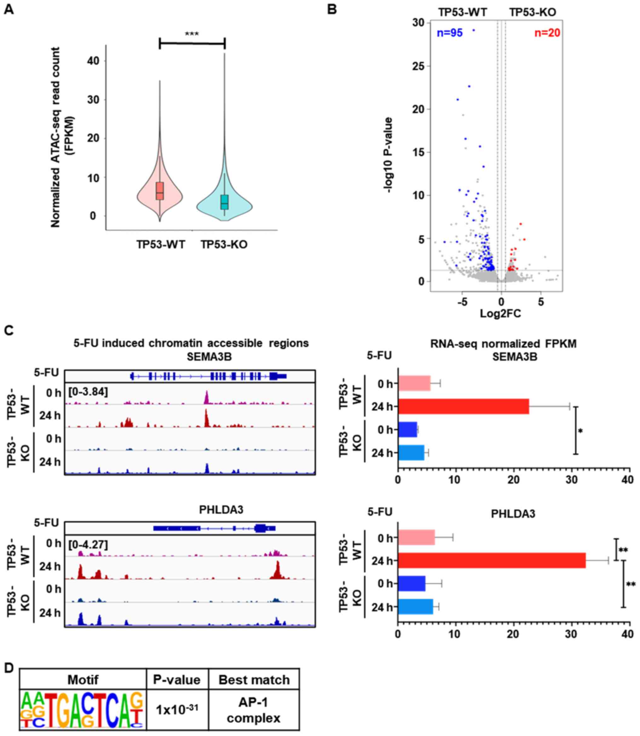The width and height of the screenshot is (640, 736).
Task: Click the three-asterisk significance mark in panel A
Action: pos(192,34)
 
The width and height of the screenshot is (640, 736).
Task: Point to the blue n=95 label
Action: pos(450,33)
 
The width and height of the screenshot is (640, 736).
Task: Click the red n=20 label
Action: pos(547,33)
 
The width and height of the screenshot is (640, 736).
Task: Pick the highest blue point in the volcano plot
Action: pos(474,30)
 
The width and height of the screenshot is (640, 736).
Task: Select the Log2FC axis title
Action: pos(500,314)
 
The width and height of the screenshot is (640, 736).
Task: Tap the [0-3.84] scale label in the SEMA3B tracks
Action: pos(88,392)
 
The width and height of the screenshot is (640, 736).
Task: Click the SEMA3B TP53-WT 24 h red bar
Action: pos(463,407)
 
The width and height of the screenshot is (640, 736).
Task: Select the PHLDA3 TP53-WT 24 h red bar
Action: pos(492,560)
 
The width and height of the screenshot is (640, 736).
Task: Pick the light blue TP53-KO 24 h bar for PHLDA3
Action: pos(415,607)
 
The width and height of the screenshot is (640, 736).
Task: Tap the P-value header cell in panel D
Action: pos(177,680)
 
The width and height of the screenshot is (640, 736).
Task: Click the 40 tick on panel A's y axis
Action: pos(93,61)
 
